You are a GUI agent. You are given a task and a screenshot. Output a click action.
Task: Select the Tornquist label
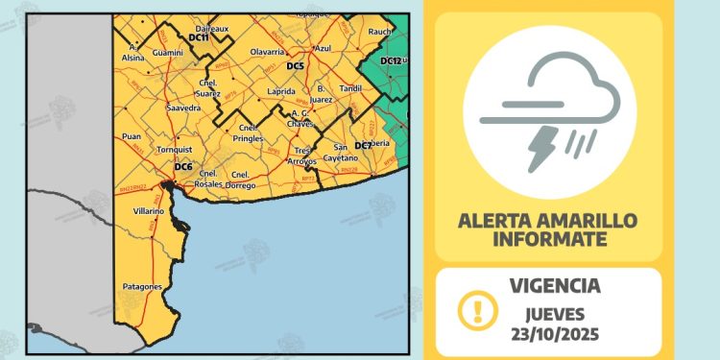pos(176,150)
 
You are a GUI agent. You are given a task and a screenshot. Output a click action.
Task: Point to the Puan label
pos(131,137)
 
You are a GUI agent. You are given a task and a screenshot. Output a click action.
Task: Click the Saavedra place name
pos(182,108)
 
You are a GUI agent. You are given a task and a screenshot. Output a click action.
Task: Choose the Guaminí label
pos(168,52)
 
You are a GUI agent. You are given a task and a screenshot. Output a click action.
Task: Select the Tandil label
pos(351,88)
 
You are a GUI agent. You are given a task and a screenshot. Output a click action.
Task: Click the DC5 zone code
pos(296,65)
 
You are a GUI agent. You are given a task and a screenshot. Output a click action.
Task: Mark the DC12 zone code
pos(390,60)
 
